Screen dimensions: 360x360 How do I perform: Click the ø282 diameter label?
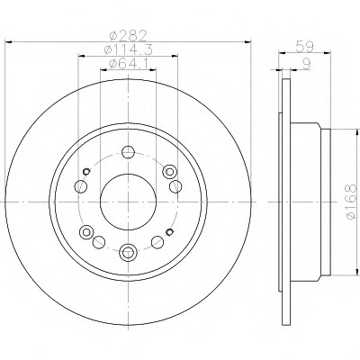pos(128,36)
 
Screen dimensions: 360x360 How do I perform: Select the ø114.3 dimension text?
pos(128,49)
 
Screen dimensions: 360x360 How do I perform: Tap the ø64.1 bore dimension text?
pos(128,63)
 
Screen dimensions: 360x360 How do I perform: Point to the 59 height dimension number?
pos(304,47)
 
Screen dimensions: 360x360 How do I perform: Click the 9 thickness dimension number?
pos(306,64)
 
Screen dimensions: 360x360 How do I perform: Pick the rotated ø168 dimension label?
pos(352,202)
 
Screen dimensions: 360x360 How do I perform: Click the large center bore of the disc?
pos(128,202)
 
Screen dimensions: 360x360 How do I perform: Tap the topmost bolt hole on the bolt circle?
pos(128,152)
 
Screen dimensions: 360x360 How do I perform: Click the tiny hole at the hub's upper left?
pos(86,171)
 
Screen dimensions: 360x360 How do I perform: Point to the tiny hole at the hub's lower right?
pos(170,232)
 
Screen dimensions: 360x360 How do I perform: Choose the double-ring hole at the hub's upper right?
pos(169,172)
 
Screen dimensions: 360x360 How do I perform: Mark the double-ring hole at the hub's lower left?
pos(86,232)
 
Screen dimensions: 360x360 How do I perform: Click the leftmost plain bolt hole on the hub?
pos(80,186)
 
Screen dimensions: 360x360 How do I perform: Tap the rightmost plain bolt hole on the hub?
pos(175,186)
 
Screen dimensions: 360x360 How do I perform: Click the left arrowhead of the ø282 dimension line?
pos(9,42)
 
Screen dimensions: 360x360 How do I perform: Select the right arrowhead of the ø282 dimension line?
pos(247,42)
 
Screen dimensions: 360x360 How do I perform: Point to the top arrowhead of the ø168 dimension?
pos(357,132)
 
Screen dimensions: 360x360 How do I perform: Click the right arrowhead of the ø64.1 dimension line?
pos(153,69)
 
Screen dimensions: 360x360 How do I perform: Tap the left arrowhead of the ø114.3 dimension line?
pos(81,56)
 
